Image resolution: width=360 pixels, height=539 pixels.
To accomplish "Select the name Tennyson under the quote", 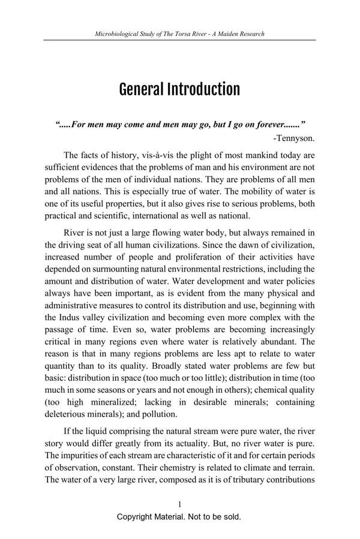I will click(295, 138).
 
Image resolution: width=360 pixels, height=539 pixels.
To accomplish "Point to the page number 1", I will click(179, 504).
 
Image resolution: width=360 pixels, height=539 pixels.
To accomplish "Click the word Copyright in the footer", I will click(136, 516).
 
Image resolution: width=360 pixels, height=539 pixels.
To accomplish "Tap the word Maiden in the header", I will click(229, 34).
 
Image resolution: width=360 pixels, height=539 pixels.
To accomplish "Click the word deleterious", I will click(67, 413).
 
